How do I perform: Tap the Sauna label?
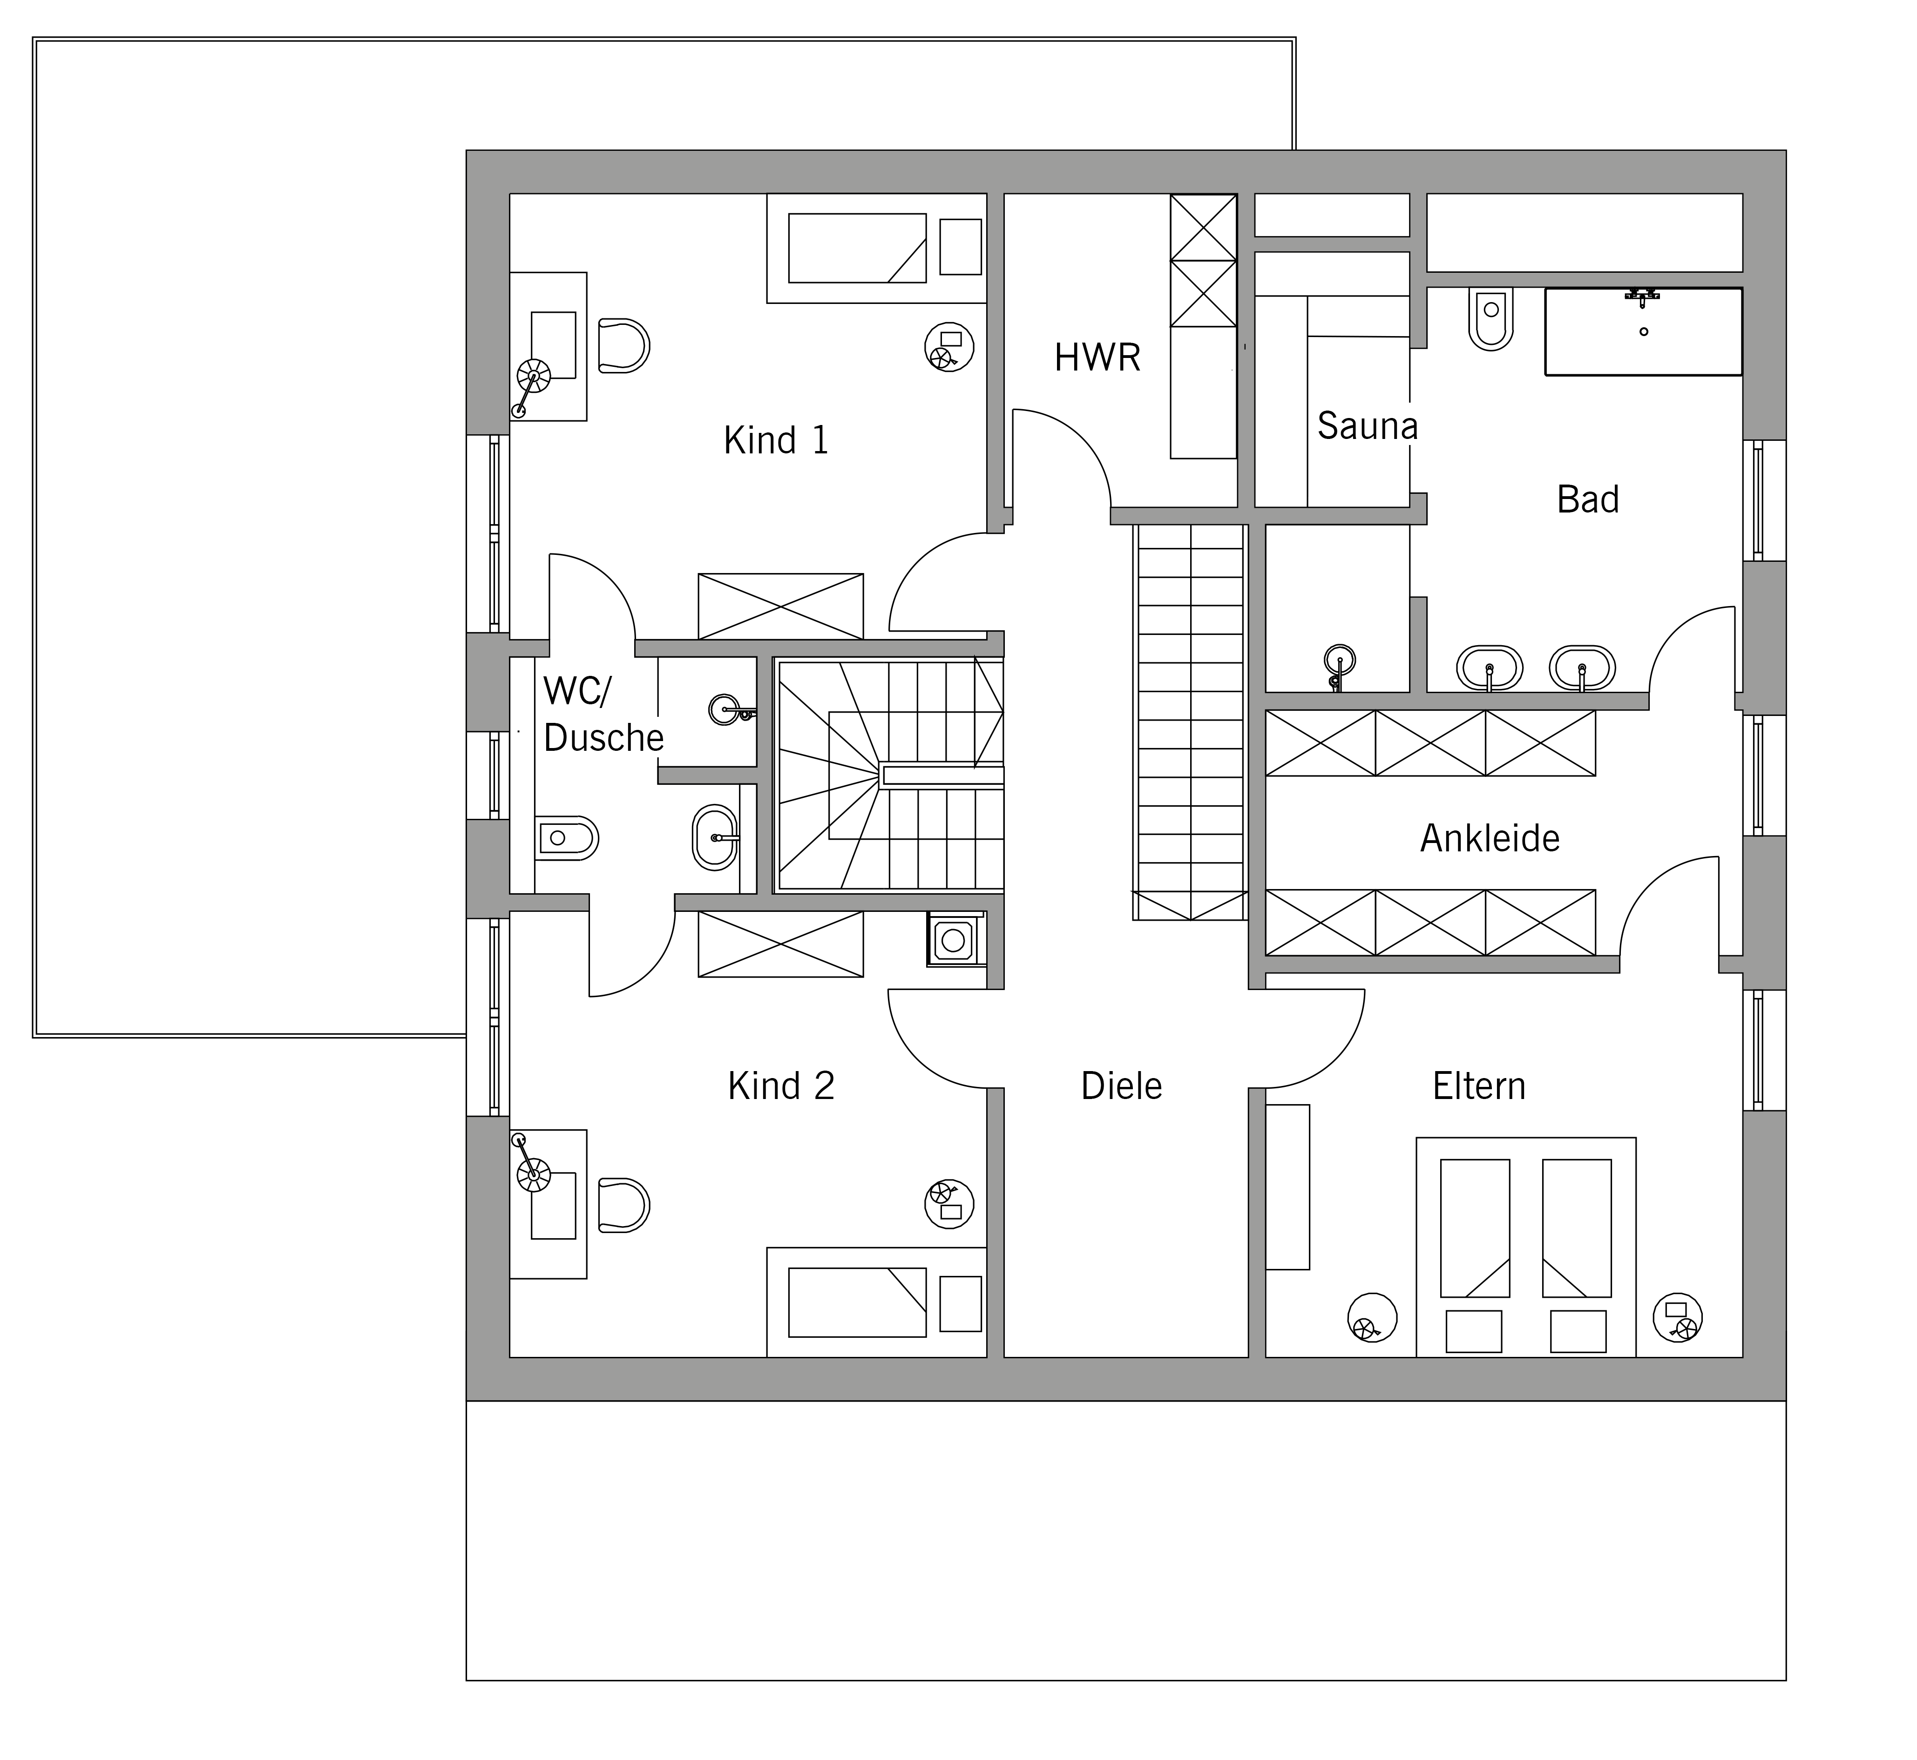click(x=1367, y=426)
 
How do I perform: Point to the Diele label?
click(x=1121, y=1086)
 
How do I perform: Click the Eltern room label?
click(x=1479, y=1086)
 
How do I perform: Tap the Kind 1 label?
click(x=776, y=440)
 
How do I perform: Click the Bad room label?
click(x=1587, y=499)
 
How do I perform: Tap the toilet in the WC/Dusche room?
click(x=566, y=838)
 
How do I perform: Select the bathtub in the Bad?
click(x=1644, y=331)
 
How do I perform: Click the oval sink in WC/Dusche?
click(x=715, y=838)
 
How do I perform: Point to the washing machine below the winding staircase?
click(x=953, y=941)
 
